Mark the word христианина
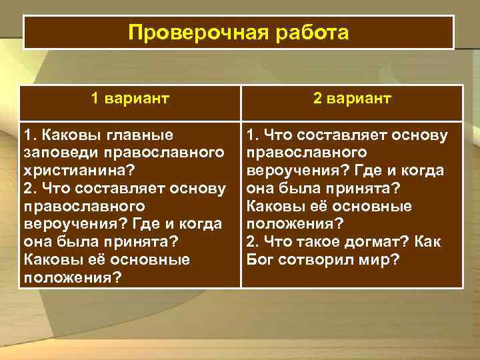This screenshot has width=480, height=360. (78, 171)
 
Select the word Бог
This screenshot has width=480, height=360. (259, 258)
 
